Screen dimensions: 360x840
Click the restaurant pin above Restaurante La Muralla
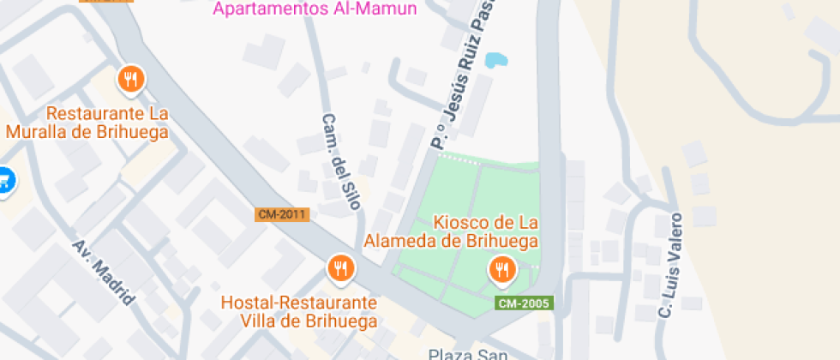click(130, 80)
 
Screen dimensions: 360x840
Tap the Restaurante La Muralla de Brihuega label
click(87, 123)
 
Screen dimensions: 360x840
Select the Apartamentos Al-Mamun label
click(315, 9)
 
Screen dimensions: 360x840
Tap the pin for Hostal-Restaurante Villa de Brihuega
click(341, 268)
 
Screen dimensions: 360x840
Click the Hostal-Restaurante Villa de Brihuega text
click(299, 312)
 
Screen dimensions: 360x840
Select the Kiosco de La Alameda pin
click(501, 270)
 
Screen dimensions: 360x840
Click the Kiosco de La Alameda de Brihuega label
click(452, 231)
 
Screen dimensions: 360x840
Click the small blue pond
click(495, 60)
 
